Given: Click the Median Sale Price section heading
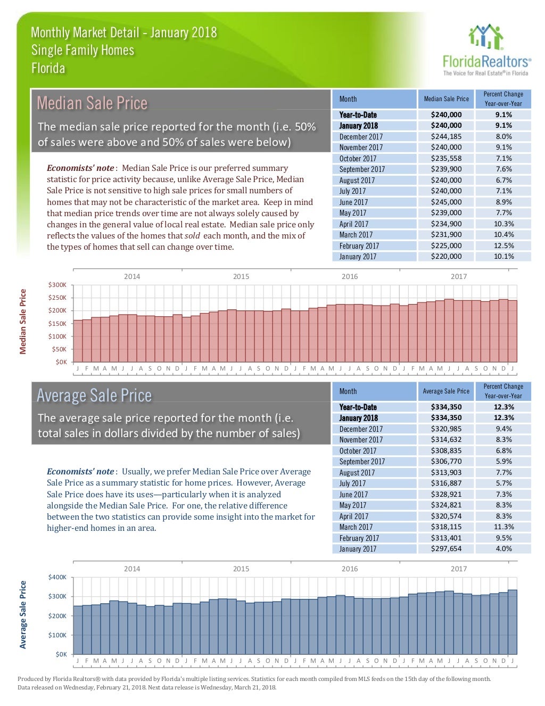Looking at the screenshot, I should coord(92,103).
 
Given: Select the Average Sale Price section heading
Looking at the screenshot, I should coord(94,395).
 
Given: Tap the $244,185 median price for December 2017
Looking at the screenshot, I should coord(446,136).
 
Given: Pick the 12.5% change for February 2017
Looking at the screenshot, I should coord(503,245).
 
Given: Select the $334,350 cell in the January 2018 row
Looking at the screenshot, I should coord(446,418).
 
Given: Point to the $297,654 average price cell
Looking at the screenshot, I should coord(446,549).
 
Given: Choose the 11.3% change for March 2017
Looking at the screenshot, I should coord(503,527).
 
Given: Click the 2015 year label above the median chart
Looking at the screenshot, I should coord(241,276).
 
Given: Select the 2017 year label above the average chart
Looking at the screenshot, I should coord(459,569).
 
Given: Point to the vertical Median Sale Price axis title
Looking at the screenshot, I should coord(23,322).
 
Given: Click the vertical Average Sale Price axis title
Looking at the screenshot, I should coord(23,615).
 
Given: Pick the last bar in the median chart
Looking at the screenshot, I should coord(513,331).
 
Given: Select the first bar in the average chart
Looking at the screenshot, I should coord(78,630).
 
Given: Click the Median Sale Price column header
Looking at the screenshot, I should coord(446,99).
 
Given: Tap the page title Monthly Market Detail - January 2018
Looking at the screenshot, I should coord(123,32).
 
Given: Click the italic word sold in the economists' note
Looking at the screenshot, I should coord(192,235).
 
